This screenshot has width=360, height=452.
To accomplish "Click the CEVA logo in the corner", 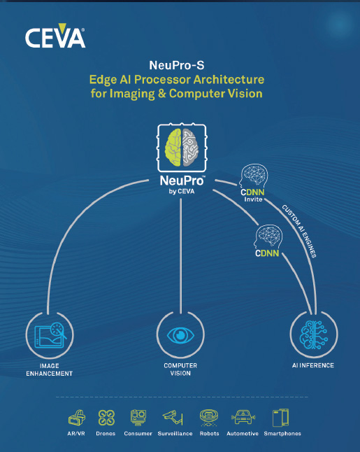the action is point(55,36).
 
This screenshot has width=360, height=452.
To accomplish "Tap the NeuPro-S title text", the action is point(177,66).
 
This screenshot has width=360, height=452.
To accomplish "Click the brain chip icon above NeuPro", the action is point(182,148).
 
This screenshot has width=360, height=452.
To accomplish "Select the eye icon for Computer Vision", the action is point(180,335).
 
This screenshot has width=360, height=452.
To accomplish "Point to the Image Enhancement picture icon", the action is point(50,335).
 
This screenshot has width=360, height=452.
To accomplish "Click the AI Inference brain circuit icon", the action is point(314,334).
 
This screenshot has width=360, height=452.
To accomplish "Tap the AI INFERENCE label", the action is point(313,365).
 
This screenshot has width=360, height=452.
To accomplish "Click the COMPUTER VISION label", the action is point(180,369).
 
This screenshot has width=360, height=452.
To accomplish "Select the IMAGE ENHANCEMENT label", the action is point(49,369).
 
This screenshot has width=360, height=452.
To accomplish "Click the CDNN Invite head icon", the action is point(254,176).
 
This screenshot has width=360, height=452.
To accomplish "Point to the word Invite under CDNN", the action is point(253,199).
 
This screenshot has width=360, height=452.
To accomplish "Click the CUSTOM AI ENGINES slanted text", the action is point(299,231).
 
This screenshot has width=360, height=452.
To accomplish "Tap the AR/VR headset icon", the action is point(77,418).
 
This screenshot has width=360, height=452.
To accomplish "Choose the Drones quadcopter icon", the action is point(106,418).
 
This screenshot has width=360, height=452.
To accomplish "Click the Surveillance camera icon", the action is point(173,417).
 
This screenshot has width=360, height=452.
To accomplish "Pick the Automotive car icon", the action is point(243,417).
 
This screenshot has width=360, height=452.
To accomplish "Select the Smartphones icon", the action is point(280,418).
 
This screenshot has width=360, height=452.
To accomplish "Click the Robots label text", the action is point(210,434).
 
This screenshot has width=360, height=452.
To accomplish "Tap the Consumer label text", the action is point(138,434).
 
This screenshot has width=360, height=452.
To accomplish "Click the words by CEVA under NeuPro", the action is point(182,192).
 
